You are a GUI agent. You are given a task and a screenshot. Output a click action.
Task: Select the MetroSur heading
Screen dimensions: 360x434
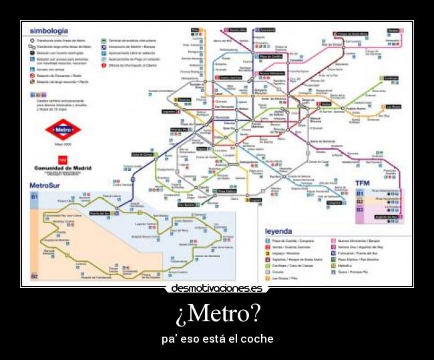click(50, 185)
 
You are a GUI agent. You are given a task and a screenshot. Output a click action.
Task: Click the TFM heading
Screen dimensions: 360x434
click(361, 184)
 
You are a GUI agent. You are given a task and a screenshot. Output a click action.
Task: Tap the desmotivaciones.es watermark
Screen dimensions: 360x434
click(217, 289)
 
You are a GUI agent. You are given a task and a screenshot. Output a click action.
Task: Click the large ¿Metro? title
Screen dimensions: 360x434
click(217, 313)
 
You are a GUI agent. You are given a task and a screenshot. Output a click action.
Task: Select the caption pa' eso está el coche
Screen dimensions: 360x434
click(217, 339)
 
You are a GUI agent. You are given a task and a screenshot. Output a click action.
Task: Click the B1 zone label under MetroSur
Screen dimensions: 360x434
click(34, 197)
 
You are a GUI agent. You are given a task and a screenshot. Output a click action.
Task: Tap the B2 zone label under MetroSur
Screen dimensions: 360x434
click(34, 276)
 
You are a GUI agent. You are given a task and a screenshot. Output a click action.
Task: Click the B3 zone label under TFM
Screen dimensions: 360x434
click(359, 210)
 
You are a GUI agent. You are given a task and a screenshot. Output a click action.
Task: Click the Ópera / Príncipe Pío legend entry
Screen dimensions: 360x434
click(353, 272)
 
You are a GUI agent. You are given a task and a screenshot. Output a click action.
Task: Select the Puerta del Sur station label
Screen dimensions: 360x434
click(99, 212)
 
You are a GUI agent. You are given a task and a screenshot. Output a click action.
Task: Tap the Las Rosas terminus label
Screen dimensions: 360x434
click(393, 106)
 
